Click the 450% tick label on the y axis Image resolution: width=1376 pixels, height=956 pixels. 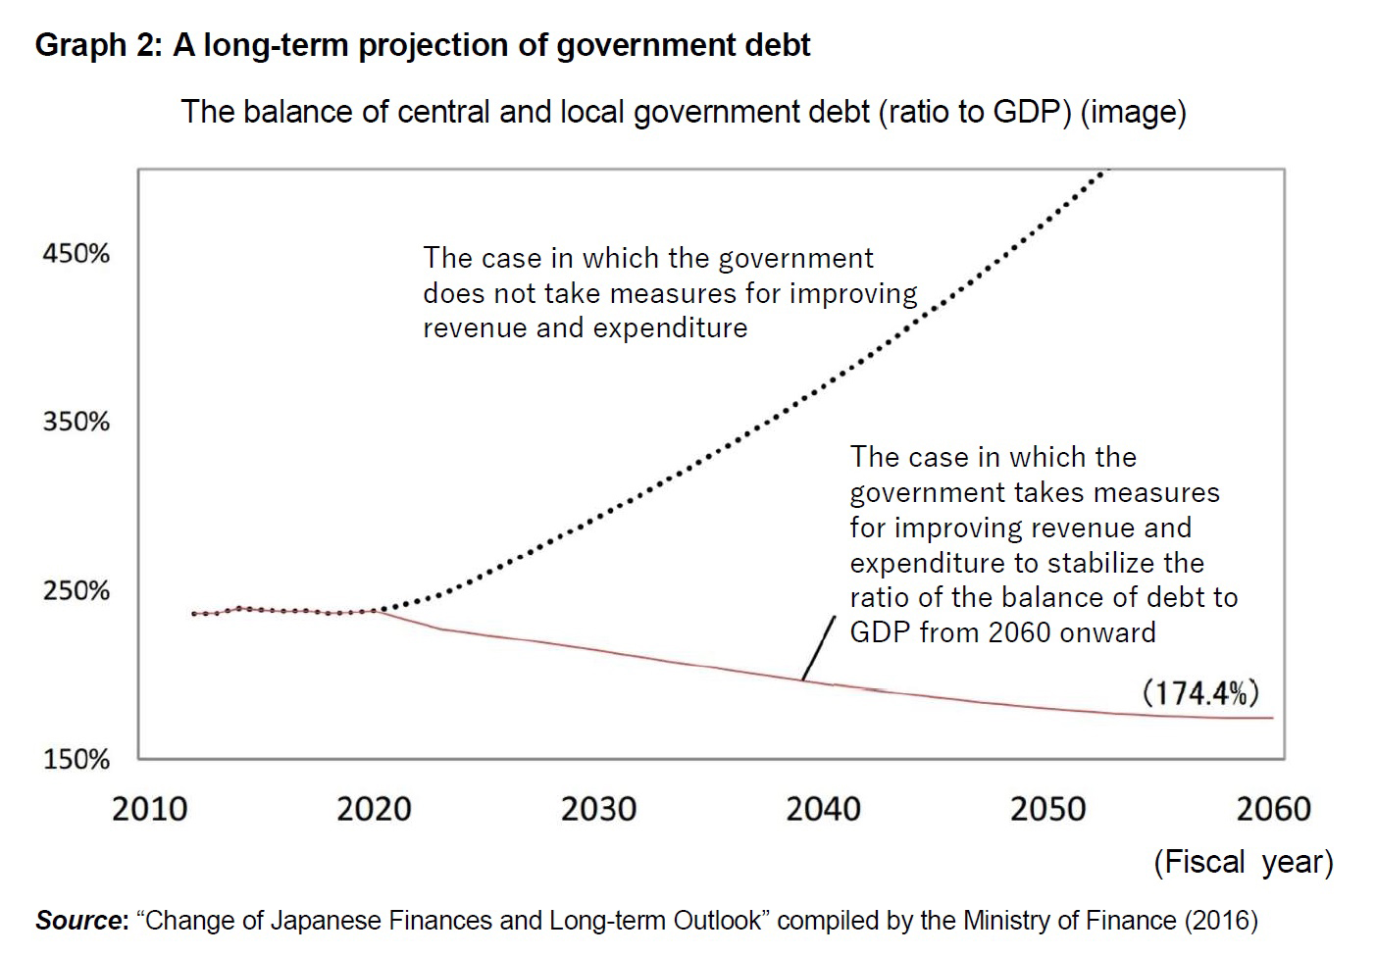[x=76, y=254]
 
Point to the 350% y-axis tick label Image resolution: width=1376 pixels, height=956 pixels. [x=76, y=423]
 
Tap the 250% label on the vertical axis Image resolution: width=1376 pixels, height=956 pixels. [x=76, y=591]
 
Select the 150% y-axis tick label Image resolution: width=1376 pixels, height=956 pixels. [x=76, y=760]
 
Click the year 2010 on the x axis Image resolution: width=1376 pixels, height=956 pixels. [x=149, y=809]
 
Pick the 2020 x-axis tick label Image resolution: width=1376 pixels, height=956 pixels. [x=374, y=809]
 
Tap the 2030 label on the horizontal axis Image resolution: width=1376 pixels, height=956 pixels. [x=598, y=809]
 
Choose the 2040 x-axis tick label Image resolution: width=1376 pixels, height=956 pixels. [x=823, y=809]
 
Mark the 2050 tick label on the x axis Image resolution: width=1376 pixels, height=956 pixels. [x=1047, y=809]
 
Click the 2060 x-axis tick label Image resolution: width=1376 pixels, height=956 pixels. [x=1273, y=809]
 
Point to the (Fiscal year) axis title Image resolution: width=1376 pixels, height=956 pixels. [x=1243, y=862]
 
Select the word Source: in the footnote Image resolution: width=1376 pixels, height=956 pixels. [x=81, y=921]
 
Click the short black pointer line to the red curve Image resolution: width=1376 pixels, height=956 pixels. [x=818, y=649]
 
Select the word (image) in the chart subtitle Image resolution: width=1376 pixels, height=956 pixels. [x=1133, y=112]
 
